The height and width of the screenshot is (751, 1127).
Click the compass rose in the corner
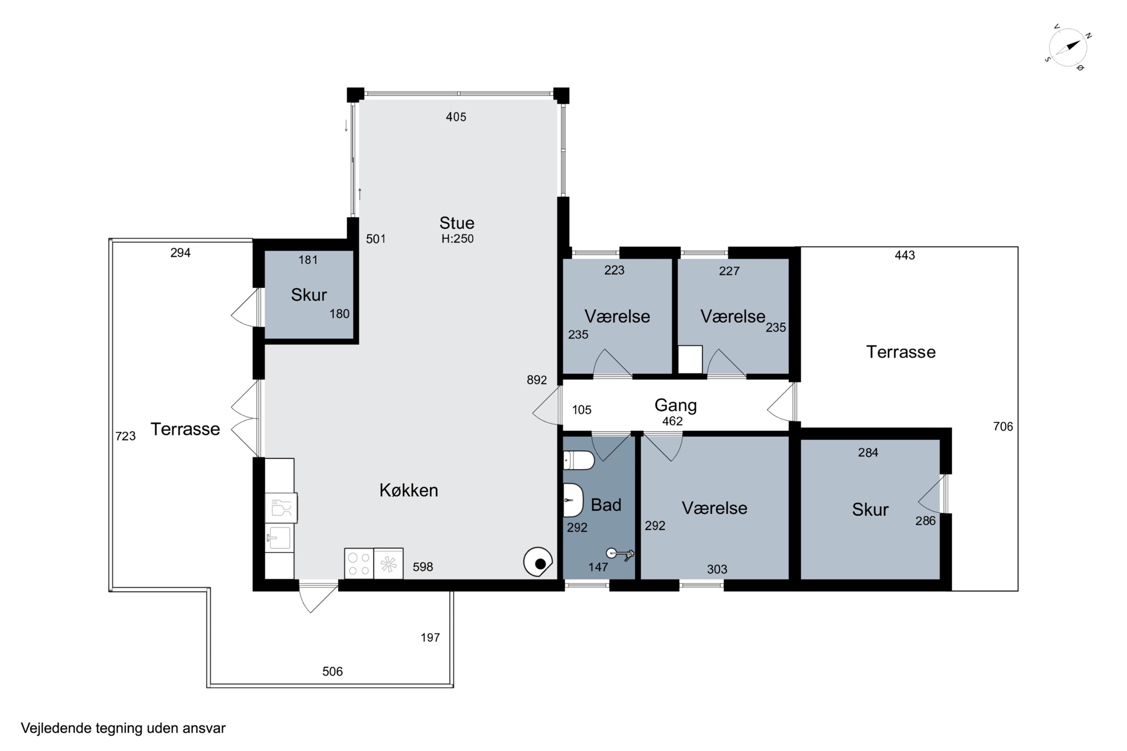click(x=1068, y=47)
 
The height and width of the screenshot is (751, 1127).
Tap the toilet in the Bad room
click(x=579, y=460)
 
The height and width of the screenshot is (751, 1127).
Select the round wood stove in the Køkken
click(x=538, y=562)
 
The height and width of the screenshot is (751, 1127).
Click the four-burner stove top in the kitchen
click(x=359, y=564)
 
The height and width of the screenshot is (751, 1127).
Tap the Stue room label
click(x=457, y=223)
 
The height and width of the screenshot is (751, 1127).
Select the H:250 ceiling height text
click(x=457, y=238)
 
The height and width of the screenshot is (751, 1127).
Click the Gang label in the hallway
click(x=675, y=406)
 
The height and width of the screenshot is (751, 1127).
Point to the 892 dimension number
click(x=537, y=380)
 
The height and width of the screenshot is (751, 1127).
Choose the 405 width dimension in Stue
click(x=456, y=117)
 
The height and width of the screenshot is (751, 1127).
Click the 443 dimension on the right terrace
click(x=905, y=255)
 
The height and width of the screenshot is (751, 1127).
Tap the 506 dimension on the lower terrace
click(x=332, y=671)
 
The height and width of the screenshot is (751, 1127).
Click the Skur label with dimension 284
click(x=870, y=510)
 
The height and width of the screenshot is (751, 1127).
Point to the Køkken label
click(x=409, y=490)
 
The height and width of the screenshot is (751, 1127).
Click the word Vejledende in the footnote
click(x=56, y=728)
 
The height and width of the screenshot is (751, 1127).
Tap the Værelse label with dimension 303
click(x=715, y=508)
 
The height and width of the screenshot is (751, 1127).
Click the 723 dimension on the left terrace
click(x=125, y=436)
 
